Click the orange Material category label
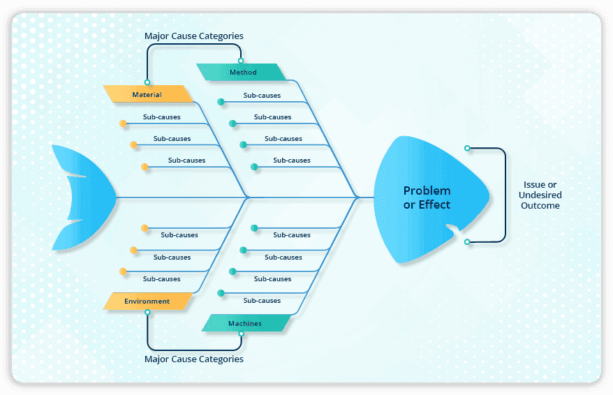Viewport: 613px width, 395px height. coord(147,94)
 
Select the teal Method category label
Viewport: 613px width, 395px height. coord(242,72)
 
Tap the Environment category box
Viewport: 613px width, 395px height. coord(147,301)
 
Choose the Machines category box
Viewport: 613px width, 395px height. coord(245,323)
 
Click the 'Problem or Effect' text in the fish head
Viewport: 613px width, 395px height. coord(427,197)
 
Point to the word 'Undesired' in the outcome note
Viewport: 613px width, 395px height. coord(540,195)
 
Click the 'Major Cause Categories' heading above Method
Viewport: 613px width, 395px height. coord(193,36)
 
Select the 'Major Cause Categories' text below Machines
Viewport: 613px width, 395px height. coord(193,359)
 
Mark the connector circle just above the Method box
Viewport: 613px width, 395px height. coord(241,61)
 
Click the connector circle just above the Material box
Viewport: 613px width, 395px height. coord(147,82)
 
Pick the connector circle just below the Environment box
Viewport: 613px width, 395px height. coord(147,313)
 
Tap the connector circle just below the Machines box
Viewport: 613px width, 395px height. coord(241,334)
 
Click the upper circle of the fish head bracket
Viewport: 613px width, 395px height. coord(467,148)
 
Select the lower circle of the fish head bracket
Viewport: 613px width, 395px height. coord(467,242)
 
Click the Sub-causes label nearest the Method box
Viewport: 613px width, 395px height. coord(262,95)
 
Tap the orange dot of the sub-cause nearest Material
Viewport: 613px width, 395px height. coord(123,124)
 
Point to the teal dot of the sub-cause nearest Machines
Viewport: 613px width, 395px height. coord(221,293)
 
